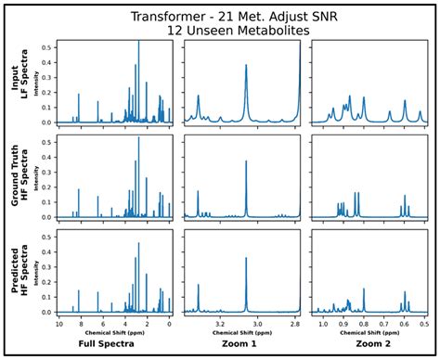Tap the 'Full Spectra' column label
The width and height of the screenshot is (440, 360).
pyautogui.click(x=114, y=343)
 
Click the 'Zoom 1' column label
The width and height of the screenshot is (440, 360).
pyautogui.click(x=242, y=343)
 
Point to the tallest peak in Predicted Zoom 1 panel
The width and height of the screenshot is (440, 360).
pyautogui.click(x=246, y=259)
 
